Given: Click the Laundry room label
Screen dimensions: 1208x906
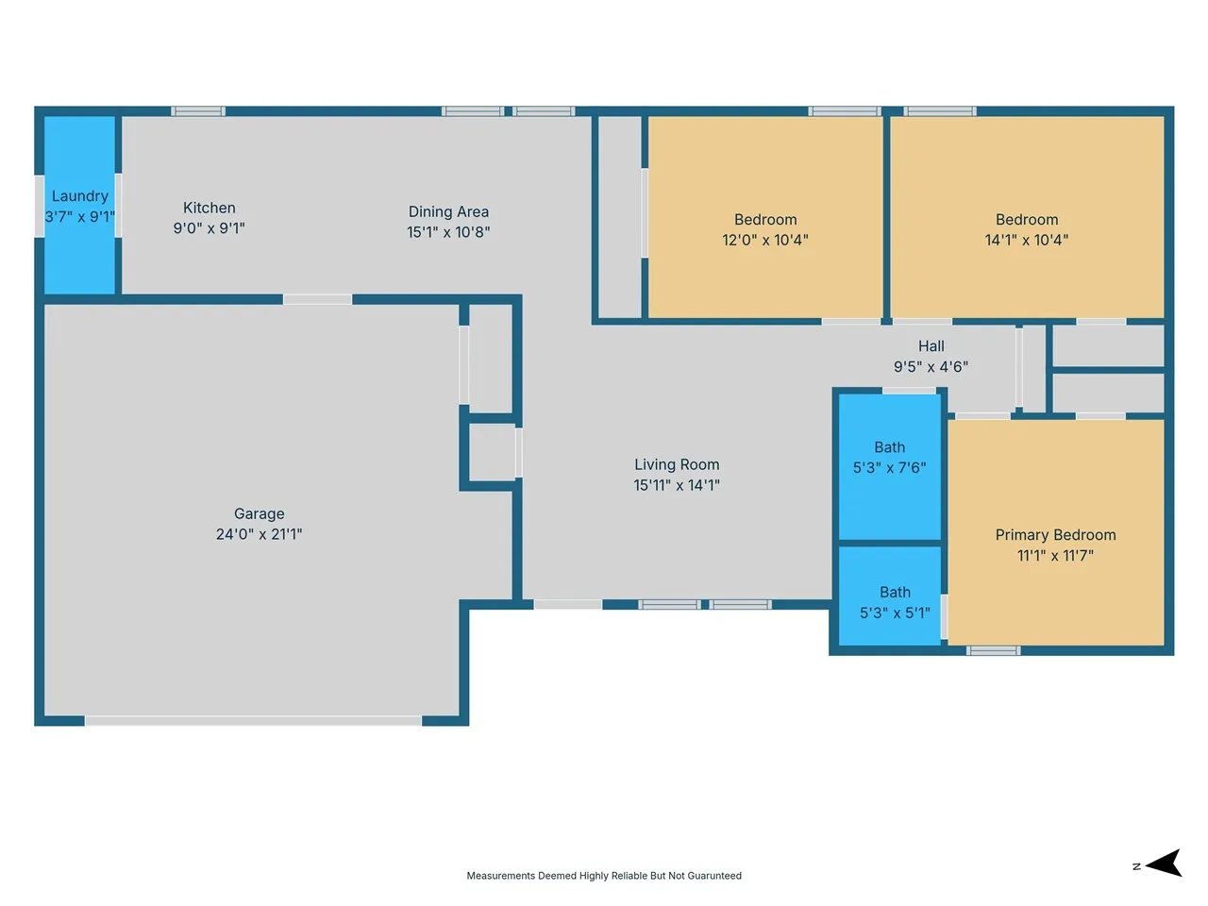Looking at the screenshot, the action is (80, 196).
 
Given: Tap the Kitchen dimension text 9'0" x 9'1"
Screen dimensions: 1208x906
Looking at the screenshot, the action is (209, 227).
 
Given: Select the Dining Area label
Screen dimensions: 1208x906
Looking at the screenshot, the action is (448, 211).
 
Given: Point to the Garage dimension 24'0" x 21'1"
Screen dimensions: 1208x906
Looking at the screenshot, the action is (259, 533).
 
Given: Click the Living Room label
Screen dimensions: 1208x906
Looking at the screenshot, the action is (677, 464).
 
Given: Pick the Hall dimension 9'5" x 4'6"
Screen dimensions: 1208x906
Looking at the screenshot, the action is (931, 366).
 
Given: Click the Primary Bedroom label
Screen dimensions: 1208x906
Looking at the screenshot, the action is (1055, 535).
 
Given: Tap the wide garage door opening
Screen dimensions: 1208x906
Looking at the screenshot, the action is (253, 721).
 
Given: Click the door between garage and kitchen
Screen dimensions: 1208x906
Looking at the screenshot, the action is (317, 299).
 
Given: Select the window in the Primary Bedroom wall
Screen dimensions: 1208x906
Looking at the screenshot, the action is (993, 651).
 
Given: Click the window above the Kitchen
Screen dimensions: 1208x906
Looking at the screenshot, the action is (197, 111).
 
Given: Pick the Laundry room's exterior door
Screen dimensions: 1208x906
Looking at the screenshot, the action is (39, 207).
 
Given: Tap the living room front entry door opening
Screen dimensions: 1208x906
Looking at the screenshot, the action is (568, 605).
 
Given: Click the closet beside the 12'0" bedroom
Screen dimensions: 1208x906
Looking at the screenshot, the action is (619, 217).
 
